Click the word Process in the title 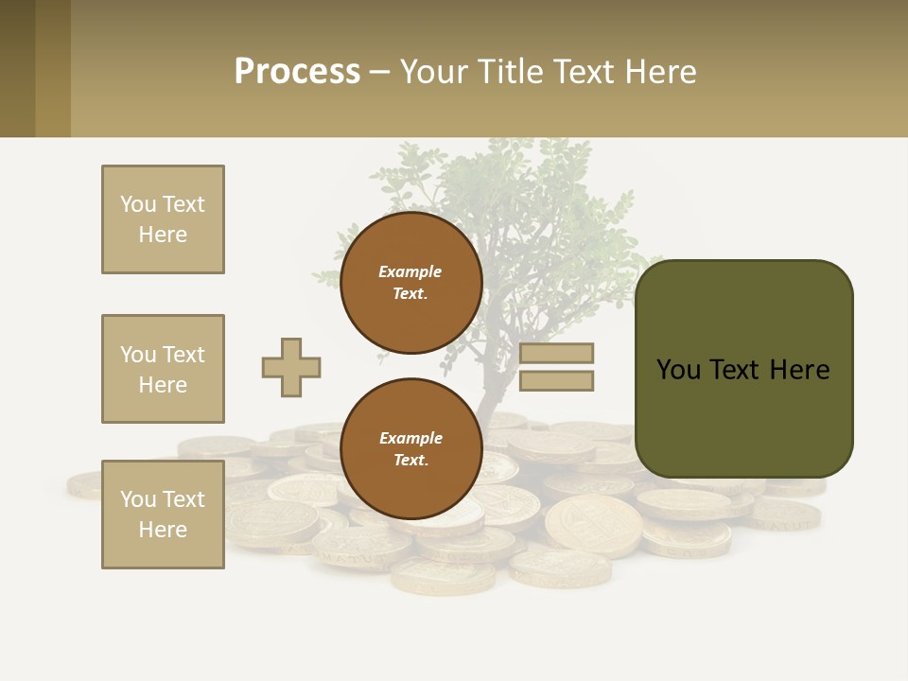pos(297,72)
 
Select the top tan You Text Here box pos(163,219)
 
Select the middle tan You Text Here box pos(163,369)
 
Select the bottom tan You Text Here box pos(163,515)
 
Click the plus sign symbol pos(291,367)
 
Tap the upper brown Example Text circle pos(410,283)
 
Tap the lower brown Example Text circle pos(410,449)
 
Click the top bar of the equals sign pos(556,353)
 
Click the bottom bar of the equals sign pos(556,381)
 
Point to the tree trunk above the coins pos(494,388)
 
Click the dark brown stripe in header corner pos(17,68)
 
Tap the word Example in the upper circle pos(410,271)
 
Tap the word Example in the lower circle pos(410,438)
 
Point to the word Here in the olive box pos(799,370)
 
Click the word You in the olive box pos(678,370)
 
